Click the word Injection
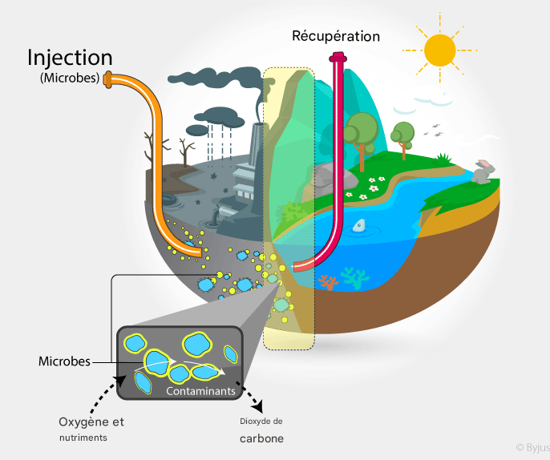[70, 58]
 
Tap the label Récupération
[336, 36]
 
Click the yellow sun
[439, 50]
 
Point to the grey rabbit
[483, 171]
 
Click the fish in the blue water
[359, 225]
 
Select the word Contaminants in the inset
[200, 391]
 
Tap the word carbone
[261, 439]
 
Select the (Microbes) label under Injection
[70, 79]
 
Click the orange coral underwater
[327, 282]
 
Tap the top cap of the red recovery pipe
[338, 58]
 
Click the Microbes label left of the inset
[64, 361]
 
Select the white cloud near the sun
[433, 100]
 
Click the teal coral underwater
[351, 277]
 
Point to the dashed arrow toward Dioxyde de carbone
[253, 400]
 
